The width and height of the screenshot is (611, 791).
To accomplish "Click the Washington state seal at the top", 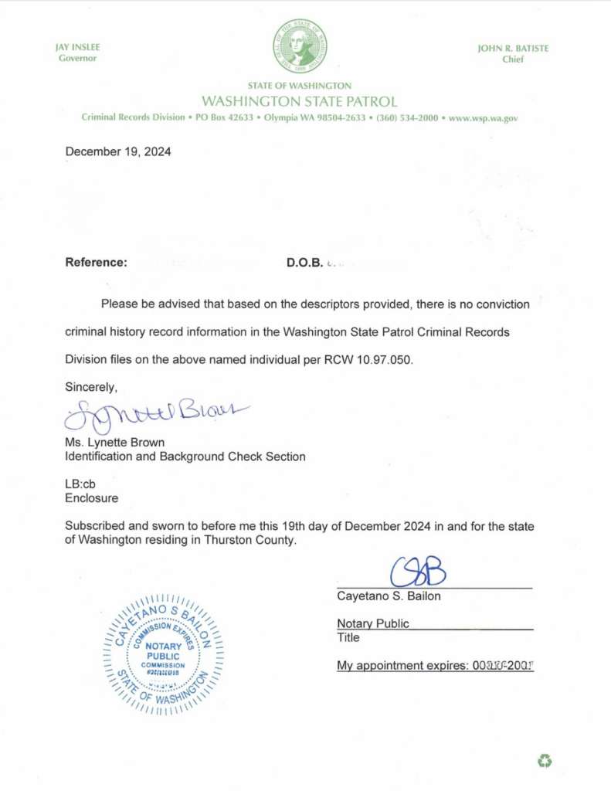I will tap(299, 46).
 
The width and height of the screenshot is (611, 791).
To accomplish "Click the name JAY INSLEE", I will tap(77, 48).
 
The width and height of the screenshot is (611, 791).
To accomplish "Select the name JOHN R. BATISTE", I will tap(513, 48).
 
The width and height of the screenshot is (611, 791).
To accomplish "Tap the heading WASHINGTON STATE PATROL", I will tap(299, 101).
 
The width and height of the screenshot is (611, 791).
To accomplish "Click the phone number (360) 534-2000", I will tap(407, 118).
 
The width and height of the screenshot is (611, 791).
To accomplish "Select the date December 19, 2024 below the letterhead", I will tap(118, 151).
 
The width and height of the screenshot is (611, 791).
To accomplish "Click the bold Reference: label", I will tap(97, 262).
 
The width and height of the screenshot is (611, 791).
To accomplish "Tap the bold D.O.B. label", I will tap(304, 262).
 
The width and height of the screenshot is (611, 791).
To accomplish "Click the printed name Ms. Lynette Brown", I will tap(114, 443).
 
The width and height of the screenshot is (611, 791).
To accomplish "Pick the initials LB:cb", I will tap(80, 484).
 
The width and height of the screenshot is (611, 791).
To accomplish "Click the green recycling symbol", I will tap(545, 762).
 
